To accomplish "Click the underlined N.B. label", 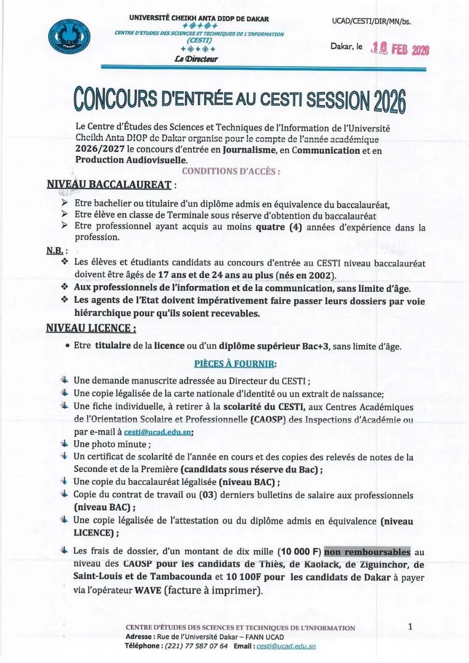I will [54, 250].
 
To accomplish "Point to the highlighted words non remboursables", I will [367, 552].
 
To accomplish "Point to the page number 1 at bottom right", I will [410, 627].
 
